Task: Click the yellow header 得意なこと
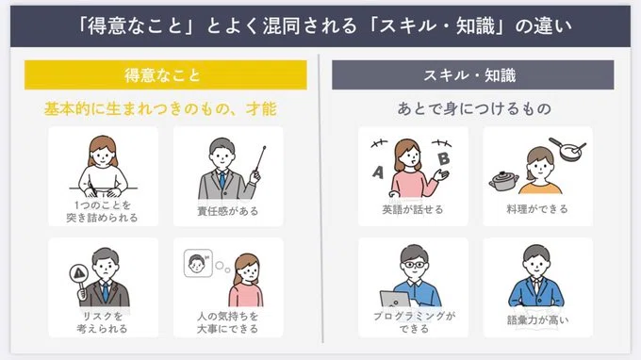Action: (166, 74)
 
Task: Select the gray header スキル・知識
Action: (472, 74)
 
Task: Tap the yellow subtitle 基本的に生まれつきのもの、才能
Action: (160, 109)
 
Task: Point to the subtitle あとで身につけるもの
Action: (474, 108)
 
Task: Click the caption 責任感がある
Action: (228, 211)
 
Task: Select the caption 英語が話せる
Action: (413, 209)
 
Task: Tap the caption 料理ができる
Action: (537, 209)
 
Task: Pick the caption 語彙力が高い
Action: (537, 320)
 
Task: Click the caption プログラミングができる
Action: (414, 322)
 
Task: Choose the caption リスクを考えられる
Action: (102, 322)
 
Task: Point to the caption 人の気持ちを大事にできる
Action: (228, 322)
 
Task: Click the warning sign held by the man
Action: (79, 273)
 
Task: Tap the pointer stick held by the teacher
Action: (260, 159)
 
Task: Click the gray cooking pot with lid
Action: (503, 182)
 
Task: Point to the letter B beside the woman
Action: (444, 158)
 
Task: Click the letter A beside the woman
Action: (378, 172)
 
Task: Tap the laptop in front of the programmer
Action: (395, 299)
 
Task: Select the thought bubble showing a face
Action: (198, 264)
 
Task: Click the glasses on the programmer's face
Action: (414, 265)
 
